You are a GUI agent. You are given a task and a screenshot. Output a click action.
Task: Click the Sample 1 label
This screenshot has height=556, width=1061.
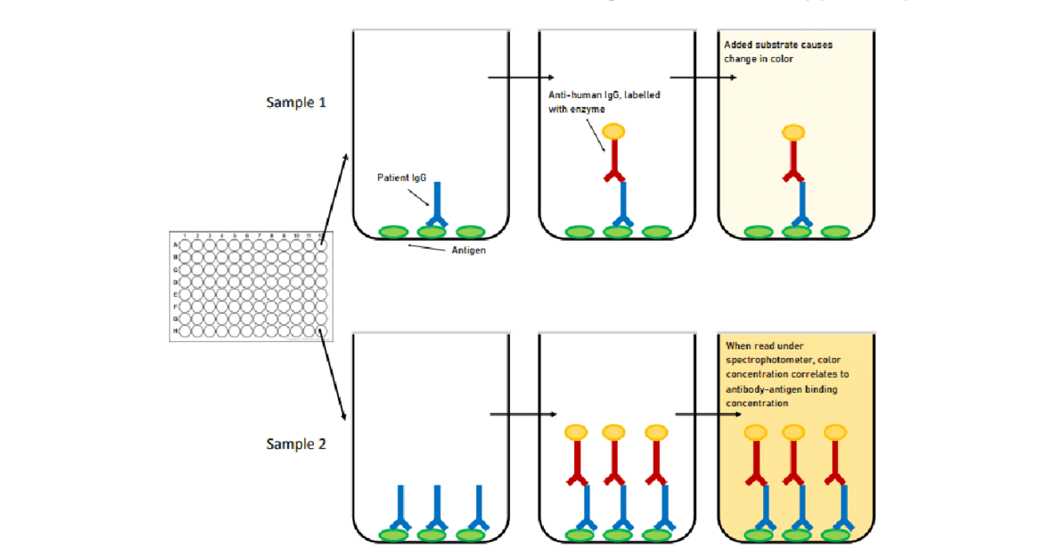[296, 102]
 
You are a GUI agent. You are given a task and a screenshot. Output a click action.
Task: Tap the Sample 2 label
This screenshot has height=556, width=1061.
[296, 443]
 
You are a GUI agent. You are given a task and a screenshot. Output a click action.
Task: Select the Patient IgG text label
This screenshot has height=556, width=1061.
[402, 178]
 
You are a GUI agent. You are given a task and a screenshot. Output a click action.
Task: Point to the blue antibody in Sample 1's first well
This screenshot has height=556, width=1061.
[437, 203]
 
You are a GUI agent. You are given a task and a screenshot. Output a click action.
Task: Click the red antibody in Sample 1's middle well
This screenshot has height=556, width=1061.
[613, 161]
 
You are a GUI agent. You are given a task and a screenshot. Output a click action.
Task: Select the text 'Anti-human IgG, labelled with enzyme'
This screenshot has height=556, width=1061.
[604, 101]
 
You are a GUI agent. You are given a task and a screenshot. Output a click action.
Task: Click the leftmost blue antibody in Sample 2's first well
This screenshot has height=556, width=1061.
[400, 509]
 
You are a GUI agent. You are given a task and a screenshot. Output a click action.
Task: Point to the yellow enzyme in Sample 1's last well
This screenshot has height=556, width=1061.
[793, 132]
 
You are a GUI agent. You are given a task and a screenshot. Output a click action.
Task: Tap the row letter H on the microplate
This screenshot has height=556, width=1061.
[176, 331]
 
